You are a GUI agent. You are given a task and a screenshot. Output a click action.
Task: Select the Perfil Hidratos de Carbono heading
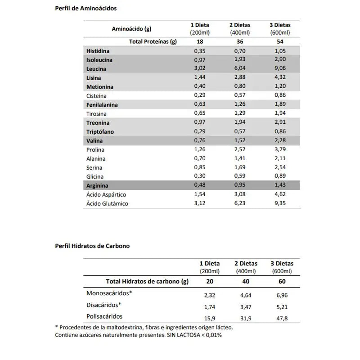[92, 246]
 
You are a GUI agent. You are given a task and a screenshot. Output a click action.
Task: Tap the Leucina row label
[96, 69]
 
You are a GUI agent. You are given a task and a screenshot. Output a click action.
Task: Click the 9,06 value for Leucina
[280, 68]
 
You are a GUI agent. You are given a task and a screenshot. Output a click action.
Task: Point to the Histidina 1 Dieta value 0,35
[200, 51]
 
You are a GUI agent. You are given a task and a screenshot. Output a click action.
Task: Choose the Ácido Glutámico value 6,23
[240, 203]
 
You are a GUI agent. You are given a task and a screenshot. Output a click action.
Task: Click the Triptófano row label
[100, 132]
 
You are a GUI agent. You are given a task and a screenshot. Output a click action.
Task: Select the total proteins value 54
[280, 41]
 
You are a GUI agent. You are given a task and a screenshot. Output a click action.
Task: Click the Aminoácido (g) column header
[131, 29]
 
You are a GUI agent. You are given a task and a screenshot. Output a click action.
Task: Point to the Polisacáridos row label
[104, 316]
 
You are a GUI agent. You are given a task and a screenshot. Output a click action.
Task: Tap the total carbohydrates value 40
[246, 282]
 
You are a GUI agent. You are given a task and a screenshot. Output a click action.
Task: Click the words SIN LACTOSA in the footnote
[180, 335]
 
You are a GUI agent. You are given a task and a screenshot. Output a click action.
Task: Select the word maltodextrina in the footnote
[122, 327]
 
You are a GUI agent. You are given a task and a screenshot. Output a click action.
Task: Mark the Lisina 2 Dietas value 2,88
[240, 77]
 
